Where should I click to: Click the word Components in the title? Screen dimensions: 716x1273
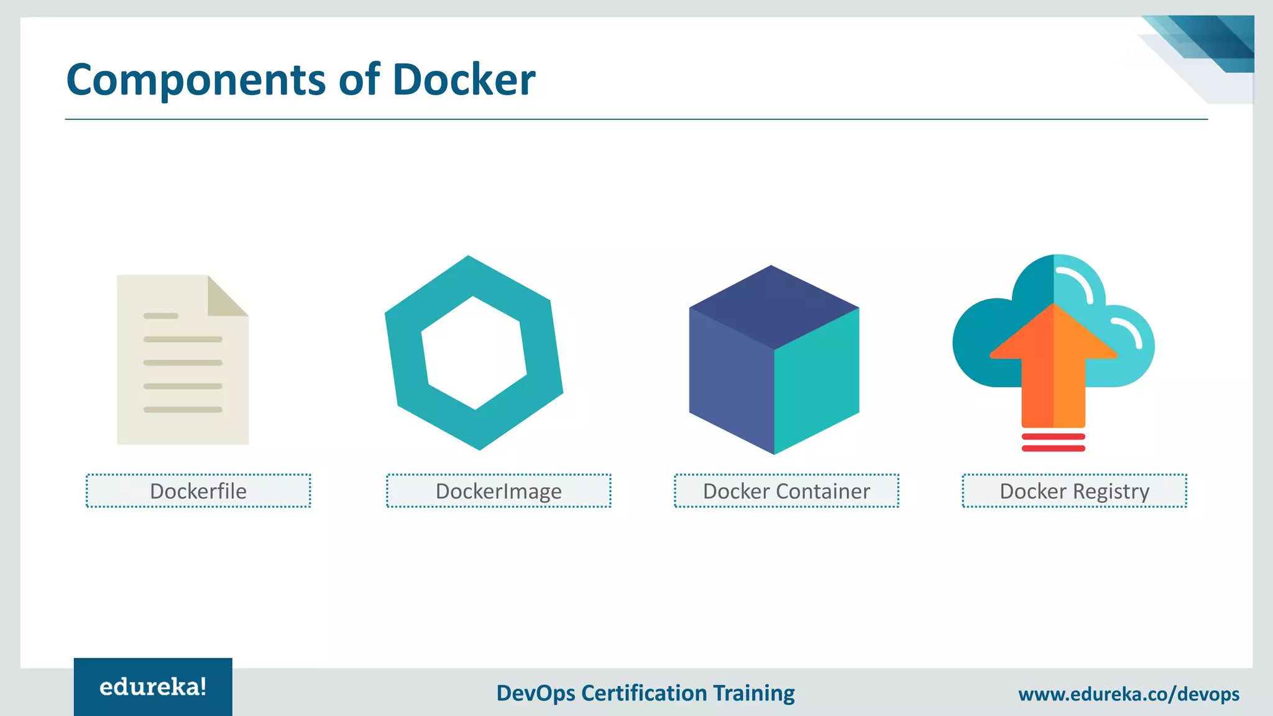[x=196, y=81]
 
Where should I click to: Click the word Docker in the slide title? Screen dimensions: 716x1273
[x=464, y=80]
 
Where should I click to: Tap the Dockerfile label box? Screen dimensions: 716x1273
[x=198, y=491]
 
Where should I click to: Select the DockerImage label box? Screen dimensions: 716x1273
[x=499, y=491]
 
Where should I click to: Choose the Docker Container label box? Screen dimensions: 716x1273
[x=786, y=491]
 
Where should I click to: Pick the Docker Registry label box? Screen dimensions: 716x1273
[x=1074, y=491]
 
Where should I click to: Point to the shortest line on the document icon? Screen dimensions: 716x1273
[x=161, y=316]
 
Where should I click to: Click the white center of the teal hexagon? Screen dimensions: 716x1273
[x=474, y=353]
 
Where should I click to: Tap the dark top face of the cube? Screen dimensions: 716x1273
[x=773, y=306]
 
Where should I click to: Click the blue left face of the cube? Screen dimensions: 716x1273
[x=731, y=379]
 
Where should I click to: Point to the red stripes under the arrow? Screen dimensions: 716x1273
[x=1054, y=443]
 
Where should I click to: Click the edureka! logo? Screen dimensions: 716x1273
[x=153, y=687]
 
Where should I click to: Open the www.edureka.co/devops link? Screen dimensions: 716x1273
[x=1128, y=694]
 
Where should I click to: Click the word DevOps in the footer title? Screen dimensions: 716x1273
[x=536, y=693]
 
